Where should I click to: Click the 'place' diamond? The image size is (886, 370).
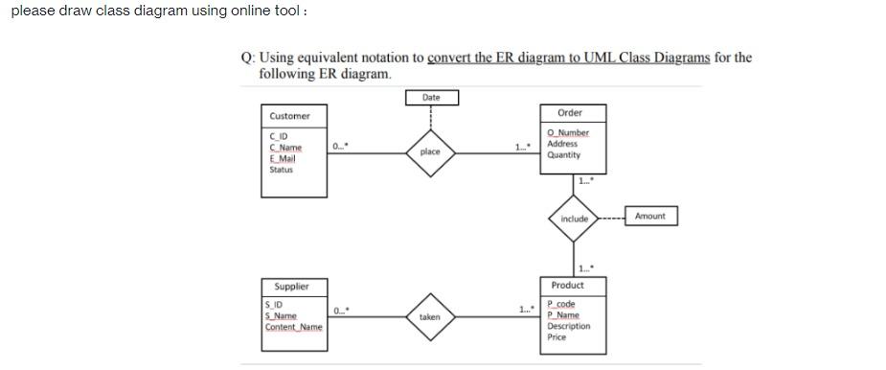pyautogui.click(x=430, y=151)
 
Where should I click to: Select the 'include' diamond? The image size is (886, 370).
pyautogui.click(x=575, y=219)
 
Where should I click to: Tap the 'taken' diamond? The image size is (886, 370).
pyautogui.click(x=430, y=315)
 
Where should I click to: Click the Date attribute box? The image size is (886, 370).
pyautogui.click(x=431, y=98)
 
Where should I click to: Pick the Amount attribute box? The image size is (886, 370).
pyautogui.click(x=649, y=216)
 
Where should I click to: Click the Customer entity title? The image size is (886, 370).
pyautogui.click(x=290, y=116)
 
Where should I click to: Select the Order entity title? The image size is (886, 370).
pyautogui.click(x=570, y=113)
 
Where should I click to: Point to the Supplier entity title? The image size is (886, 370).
pyautogui.click(x=292, y=287)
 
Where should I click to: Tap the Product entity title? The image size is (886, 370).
pyautogui.click(x=568, y=286)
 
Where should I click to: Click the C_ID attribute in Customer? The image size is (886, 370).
pyautogui.click(x=279, y=137)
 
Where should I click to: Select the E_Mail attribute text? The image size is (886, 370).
pyautogui.click(x=283, y=158)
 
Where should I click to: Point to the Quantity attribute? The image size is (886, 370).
pyautogui.click(x=564, y=154)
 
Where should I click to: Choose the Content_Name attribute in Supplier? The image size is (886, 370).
pyautogui.click(x=294, y=327)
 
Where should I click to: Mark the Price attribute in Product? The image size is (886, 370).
pyautogui.click(x=557, y=337)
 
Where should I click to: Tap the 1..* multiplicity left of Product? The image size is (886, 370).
pyautogui.click(x=524, y=309)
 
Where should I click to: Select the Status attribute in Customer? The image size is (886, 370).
pyautogui.click(x=281, y=170)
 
